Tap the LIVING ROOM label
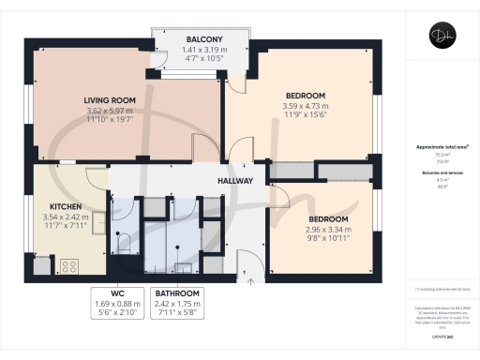click(x=110, y=99)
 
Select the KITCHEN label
click(x=59, y=206)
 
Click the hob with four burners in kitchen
click(x=68, y=266)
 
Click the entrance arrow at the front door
click(x=249, y=278)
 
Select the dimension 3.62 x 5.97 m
click(x=110, y=110)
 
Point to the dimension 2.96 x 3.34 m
click(x=327, y=231)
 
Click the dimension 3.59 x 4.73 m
click(x=306, y=106)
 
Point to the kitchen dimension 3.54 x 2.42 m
click(x=59, y=217)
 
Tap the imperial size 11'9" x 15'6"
click(x=306, y=116)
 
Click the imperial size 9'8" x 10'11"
click(x=327, y=241)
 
